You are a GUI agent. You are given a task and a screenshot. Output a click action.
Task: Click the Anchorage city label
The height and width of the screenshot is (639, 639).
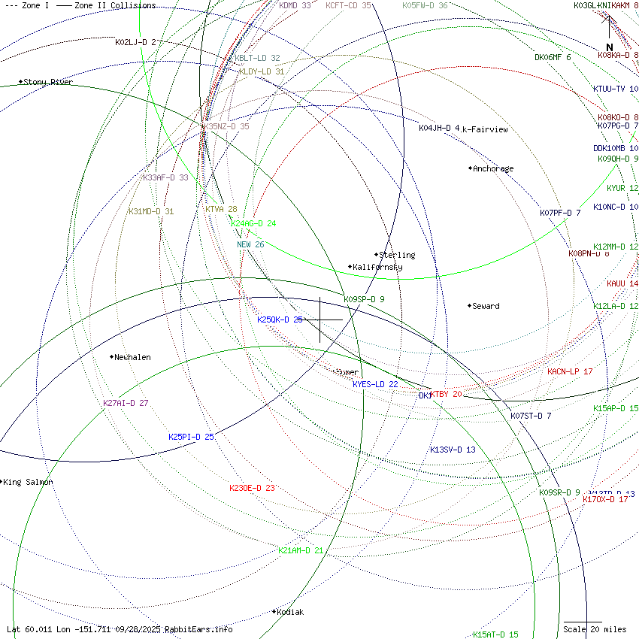point(492,168)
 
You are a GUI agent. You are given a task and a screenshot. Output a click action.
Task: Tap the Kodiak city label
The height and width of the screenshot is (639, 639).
point(290,612)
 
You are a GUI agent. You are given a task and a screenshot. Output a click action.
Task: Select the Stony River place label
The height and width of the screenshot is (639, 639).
point(48,82)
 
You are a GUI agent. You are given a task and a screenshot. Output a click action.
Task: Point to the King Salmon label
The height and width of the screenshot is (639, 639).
point(29,482)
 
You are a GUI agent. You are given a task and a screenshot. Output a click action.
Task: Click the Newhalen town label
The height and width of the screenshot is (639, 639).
point(132,357)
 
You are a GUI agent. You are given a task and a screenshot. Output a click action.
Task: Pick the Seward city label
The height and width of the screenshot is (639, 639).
point(486,306)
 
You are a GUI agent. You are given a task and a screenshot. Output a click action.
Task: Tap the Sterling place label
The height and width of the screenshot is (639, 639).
point(397,255)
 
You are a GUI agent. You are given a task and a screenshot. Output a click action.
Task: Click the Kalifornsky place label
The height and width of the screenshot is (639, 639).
point(377,267)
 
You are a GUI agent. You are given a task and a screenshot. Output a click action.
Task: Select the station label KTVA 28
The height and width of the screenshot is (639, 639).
point(221,209)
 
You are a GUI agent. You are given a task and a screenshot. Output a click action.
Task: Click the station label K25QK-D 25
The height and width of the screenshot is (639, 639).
point(280,319)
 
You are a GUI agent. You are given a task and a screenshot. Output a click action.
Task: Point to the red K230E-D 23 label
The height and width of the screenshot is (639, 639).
point(252,488)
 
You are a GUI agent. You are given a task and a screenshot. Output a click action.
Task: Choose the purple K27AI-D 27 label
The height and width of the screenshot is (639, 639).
point(126,403)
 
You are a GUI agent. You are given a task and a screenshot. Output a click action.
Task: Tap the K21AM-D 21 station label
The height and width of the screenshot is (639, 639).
point(301,550)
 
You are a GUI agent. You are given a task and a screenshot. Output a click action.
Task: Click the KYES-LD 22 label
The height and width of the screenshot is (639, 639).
point(375,384)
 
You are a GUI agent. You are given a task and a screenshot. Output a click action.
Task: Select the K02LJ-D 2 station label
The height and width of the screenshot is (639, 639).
point(135,42)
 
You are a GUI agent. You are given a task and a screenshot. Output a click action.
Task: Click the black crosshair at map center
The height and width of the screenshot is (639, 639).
point(320,319)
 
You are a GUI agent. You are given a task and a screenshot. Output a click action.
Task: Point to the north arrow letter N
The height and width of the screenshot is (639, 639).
point(610,47)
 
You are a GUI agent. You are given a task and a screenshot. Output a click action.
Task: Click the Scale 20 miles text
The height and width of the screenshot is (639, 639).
point(594,629)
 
